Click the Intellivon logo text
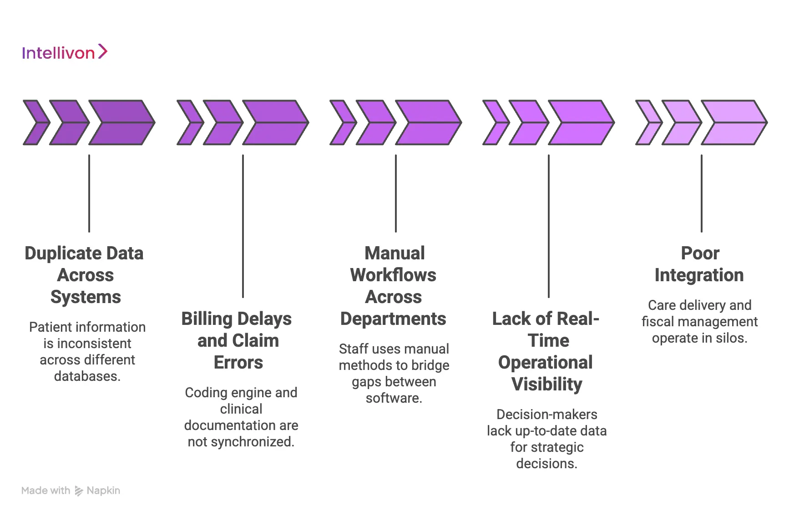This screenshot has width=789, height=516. pos(58,53)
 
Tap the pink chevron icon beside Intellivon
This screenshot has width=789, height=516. pos(103,51)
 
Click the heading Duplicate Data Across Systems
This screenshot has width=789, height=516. pos(85,275)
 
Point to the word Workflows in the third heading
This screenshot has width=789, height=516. pos(393,275)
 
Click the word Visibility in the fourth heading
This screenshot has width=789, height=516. pos(546,384)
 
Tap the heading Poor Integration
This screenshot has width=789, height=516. pos(699,264)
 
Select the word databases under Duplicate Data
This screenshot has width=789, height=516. pos(86,377)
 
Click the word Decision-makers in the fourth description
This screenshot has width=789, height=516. pos(546,415)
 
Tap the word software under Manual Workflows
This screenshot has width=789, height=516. pos(393,398)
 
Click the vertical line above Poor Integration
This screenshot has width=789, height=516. pos(702,193)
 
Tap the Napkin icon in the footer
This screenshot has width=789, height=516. pos(79,491)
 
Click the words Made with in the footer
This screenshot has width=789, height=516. pos(46,491)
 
